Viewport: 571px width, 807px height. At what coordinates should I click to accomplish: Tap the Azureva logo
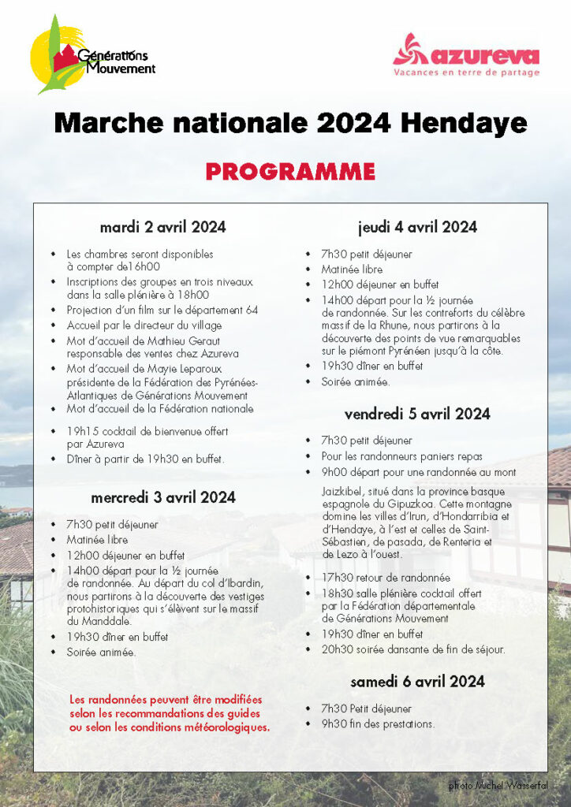tap(466, 55)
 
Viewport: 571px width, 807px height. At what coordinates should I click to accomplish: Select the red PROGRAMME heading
tap(290, 171)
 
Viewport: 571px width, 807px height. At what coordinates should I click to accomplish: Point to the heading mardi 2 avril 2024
tap(162, 228)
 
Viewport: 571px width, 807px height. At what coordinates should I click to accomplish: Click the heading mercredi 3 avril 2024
tap(162, 497)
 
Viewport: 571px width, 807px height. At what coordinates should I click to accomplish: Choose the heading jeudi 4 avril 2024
tap(417, 228)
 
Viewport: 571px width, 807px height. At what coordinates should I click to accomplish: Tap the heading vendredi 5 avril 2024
tap(417, 414)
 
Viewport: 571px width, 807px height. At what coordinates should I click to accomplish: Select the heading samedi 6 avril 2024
tap(417, 681)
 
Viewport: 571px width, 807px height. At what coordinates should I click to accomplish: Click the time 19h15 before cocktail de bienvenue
tap(81, 431)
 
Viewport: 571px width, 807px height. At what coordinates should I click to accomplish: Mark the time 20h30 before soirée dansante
tap(335, 649)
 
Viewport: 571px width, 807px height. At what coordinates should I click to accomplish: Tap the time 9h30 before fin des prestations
tap(334, 723)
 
